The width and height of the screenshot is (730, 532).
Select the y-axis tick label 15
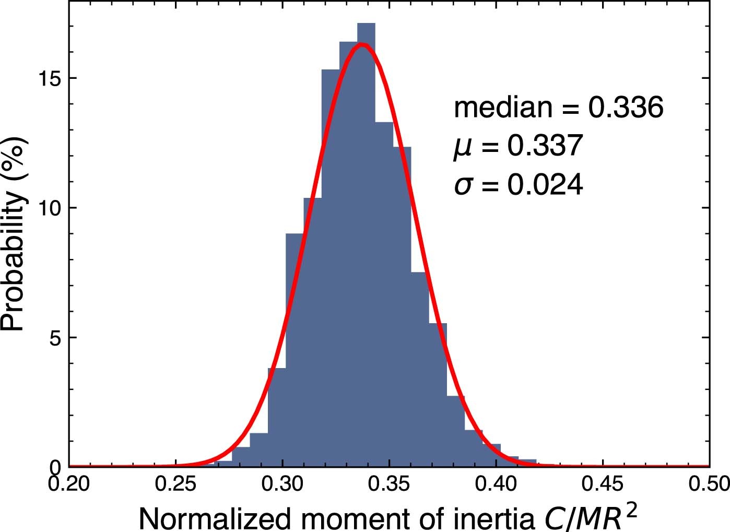tap(50, 78)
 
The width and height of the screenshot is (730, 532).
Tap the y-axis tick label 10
tap(50, 208)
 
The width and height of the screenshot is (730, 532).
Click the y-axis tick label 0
tap(56, 466)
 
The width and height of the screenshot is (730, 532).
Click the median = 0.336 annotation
tap(558, 108)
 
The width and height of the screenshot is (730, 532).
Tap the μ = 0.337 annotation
tap(517, 146)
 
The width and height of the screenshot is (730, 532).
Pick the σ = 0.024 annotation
tap(518, 185)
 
